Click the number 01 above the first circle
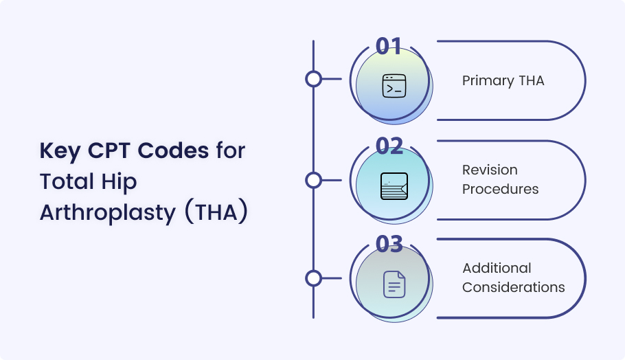pos(389,46)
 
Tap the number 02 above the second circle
pos(389,146)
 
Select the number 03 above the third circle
pos(389,244)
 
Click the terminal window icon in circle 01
pos(394,86)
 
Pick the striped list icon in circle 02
pos(394,186)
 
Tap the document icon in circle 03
pos(394,284)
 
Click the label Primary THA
pos(503,81)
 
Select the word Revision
pos(490,170)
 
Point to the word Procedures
pos(500,189)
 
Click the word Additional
pos(497,268)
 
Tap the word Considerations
pos(514,287)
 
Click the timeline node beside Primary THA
pos(314,79)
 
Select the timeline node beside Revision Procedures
pos(314,180)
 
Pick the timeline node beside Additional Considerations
pos(314,278)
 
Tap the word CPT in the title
pos(109,150)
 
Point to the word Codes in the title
pos(173,150)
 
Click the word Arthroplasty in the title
pos(108,213)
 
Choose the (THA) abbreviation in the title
pos(216,212)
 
